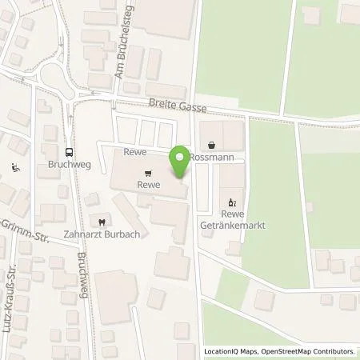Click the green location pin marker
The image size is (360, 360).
coord(182,162)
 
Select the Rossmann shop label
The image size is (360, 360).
coord(211,158)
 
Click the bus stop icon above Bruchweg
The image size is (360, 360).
coord(70,150)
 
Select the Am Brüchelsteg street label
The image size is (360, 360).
coord(117,60)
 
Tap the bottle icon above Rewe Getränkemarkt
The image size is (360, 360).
coord(233,202)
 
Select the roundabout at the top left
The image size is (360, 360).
coord(57,78)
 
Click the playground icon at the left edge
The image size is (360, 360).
coord(14,168)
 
